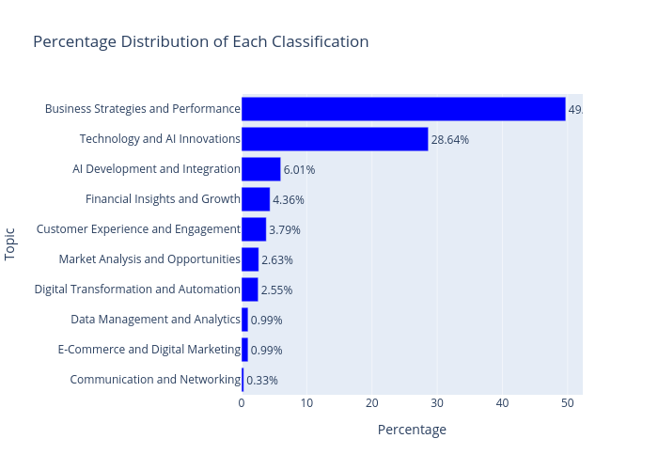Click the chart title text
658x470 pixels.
click(200, 41)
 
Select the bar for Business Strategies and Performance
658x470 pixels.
click(403, 109)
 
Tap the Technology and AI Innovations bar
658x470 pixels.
click(335, 139)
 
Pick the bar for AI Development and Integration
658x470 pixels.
click(260, 169)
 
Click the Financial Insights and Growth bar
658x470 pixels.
click(256, 199)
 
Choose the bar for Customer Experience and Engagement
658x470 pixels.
click(254, 229)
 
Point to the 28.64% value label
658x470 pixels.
click(449, 140)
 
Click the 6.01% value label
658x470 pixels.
click(299, 170)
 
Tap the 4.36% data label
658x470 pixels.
click(288, 200)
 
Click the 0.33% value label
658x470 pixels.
click(261, 381)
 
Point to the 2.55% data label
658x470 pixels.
click(276, 290)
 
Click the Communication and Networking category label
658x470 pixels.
click(155, 380)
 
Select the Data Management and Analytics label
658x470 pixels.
click(155, 320)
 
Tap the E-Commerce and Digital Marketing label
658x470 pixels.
click(149, 350)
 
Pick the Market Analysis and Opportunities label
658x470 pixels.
click(149, 259)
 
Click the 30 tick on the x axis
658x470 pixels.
click(437, 403)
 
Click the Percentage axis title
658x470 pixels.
click(412, 430)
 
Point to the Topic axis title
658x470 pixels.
click(10, 244)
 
